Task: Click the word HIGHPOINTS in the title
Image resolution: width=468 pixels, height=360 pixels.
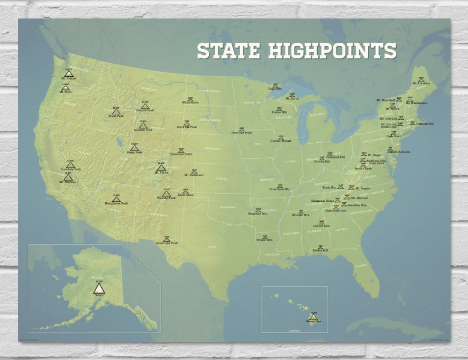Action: click(x=332, y=51)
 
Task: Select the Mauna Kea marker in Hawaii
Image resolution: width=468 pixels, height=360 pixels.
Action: click(x=314, y=317)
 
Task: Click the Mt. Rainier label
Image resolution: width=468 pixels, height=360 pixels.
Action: click(x=68, y=79)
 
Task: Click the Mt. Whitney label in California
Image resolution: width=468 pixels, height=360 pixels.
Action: click(x=67, y=182)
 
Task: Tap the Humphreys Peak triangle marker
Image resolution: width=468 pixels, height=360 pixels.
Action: click(x=116, y=199)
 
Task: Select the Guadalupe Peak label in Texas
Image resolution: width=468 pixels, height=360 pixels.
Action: click(x=167, y=243)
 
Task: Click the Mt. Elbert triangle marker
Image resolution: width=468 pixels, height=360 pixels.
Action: click(x=161, y=168)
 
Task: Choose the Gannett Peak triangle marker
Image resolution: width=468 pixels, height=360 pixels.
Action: click(x=143, y=125)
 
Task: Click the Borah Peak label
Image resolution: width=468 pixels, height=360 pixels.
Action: click(x=116, y=115)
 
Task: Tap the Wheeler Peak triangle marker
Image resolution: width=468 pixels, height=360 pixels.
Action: click(x=166, y=193)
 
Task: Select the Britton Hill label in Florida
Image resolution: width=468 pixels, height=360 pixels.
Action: click(x=321, y=250)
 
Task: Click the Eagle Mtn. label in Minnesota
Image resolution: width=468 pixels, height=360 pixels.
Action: click(x=275, y=88)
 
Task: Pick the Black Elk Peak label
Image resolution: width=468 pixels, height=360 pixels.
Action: click(x=187, y=127)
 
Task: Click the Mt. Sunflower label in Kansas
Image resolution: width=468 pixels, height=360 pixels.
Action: click(x=194, y=176)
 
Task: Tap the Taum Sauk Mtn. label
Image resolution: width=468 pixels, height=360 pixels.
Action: click(x=280, y=189)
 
